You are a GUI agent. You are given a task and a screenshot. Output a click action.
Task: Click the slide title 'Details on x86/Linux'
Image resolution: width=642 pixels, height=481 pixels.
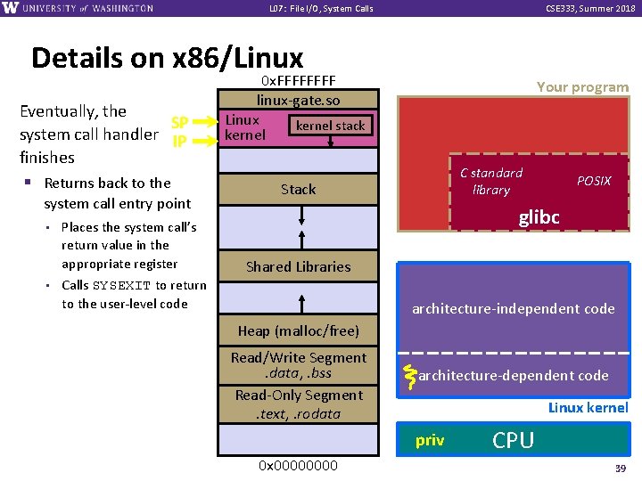coord(167,58)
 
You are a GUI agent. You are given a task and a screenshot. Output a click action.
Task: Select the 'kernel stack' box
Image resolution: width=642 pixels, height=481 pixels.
coord(331,126)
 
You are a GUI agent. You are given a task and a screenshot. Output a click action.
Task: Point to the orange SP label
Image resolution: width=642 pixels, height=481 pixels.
coord(179,123)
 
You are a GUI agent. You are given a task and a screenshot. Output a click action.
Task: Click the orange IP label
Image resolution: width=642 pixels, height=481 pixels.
coord(179,141)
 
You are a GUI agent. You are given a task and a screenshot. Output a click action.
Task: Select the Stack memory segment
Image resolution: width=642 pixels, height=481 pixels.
coord(298,189)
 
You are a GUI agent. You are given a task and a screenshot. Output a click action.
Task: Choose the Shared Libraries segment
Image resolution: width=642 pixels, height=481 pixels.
coord(298,266)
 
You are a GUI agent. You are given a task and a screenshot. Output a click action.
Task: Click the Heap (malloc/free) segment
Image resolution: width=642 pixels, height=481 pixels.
coord(298,330)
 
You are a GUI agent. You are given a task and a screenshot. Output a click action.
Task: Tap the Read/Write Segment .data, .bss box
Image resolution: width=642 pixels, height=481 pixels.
coord(298,365)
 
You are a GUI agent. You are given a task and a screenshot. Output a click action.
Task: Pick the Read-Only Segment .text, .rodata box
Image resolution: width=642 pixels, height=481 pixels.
coord(298,404)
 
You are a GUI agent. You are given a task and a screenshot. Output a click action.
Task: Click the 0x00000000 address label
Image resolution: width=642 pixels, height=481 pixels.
coord(298,465)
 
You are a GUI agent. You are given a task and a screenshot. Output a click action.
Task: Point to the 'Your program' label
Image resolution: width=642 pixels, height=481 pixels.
coord(582,87)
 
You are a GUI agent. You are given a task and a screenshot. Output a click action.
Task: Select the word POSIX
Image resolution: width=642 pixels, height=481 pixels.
coord(594,181)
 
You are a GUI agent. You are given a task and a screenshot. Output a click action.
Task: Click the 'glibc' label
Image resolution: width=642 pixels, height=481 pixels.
coord(539,218)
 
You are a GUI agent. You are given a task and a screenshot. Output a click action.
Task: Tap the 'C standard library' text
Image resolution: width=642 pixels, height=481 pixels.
coord(491,181)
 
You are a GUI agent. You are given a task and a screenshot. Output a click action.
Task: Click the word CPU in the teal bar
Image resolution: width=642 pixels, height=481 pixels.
coord(514,440)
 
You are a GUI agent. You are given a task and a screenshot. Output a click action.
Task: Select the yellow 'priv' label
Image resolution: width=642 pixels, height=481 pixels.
coord(430,440)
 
